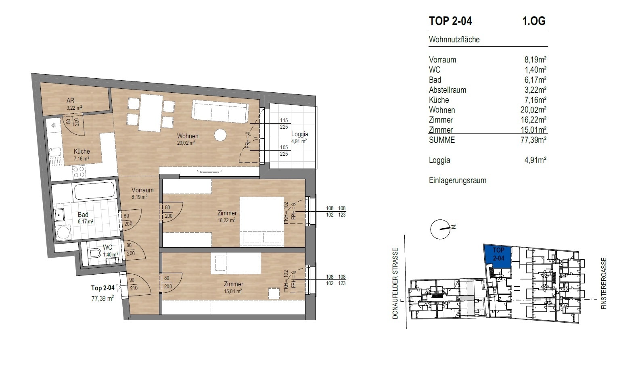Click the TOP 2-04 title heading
(450, 21)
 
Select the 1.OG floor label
(533, 21)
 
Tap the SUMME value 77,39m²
(533, 140)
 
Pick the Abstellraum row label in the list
(447, 90)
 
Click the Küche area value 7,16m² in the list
(535, 100)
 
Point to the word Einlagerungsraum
(457, 181)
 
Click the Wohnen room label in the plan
(187, 136)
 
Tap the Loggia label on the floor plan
(299, 134)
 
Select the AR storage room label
(71, 100)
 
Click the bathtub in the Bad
(94, 191)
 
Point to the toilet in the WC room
(94, 253)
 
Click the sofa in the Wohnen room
(220, 111)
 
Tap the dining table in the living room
(150, 113)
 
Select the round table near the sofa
(220, 135)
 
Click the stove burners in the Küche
(79, 172)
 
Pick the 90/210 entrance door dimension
(133, 284)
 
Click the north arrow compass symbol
(440, 229)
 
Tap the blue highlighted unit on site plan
(498, 255)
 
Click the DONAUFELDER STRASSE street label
(395, 283)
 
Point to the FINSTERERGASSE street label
(604, 283)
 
